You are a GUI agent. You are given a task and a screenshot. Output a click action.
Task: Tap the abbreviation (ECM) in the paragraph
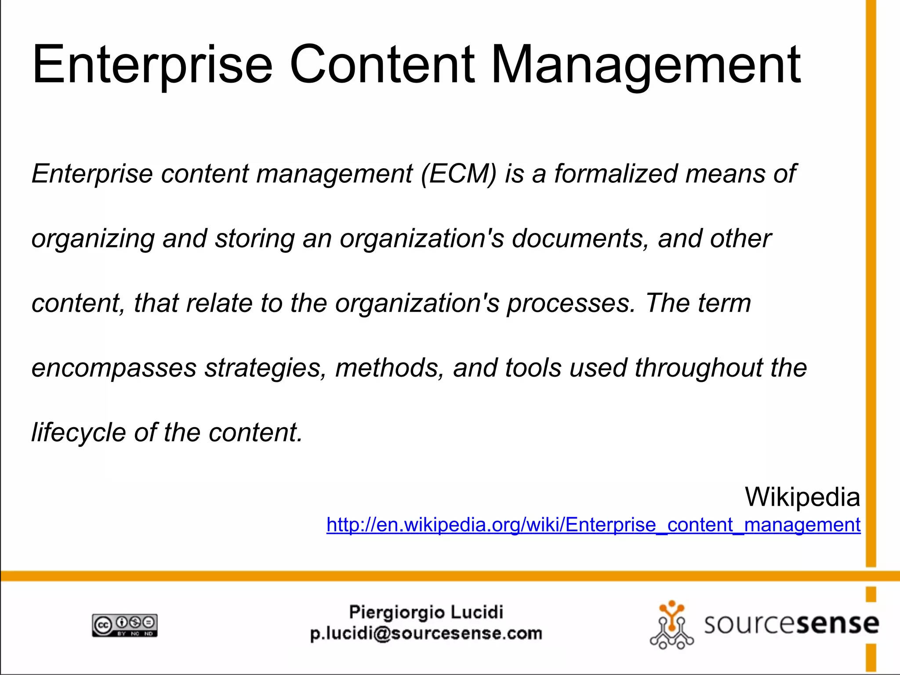tap(458, 174)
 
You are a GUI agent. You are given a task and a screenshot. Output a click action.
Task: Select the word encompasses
tap(114, 369)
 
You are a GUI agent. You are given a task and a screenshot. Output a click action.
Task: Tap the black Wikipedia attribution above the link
tap(802, 497)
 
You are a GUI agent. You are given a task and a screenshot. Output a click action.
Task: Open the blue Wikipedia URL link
tap(593, 525)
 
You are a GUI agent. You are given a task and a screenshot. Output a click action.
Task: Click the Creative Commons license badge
tap(125, 625)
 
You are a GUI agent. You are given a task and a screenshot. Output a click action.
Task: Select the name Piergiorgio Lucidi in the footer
tap(426, 612)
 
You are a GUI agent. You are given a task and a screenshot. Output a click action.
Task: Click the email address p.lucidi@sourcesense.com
tap(426, 634)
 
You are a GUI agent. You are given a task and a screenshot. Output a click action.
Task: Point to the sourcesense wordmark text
tap(791, 624)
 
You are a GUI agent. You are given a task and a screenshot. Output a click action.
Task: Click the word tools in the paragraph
tap(533, 368)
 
